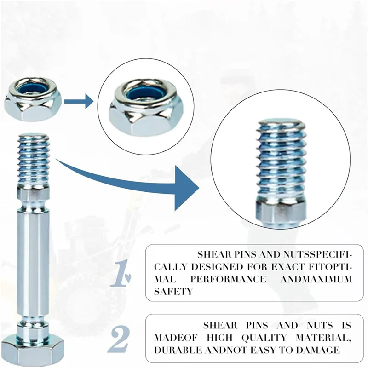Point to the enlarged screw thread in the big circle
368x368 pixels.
click(281, 161)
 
